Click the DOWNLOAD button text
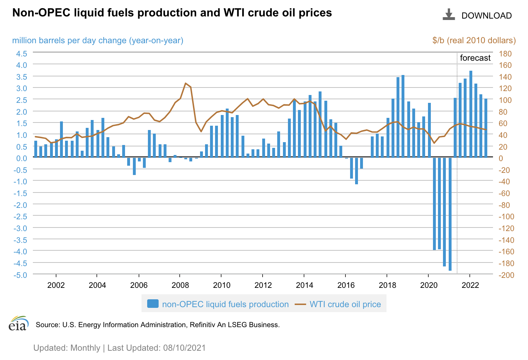[x=487, y=16]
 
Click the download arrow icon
[x=449, y=15]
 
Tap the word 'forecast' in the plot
[x=475, y=58]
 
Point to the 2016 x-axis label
[x=346, y=285]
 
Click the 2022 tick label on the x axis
[x=470, y=285]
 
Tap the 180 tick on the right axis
[x=505, y=54]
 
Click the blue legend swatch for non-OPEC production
[x=153, y=304]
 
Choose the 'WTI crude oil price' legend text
[x=345, y=304]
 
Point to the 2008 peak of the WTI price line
[x=185, y=83]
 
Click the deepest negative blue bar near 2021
[x=450, y=214]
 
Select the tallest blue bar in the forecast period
[x=471, y=114]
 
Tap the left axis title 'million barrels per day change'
[x=98, y=40]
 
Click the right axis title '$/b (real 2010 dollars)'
[x=474, y=40]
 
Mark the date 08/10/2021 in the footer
[x=184, y=348]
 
